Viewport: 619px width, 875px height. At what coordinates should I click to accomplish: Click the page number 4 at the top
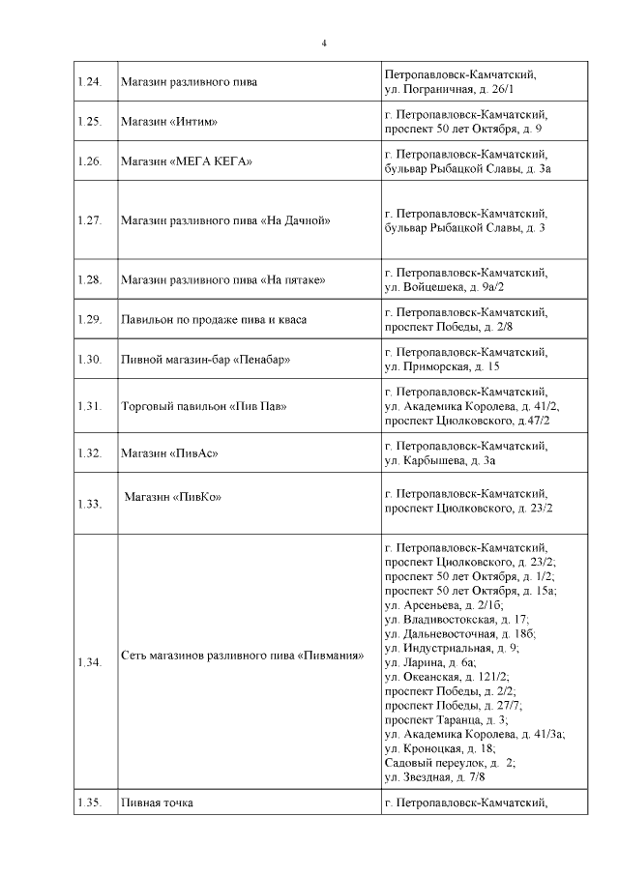pyautogui.click(x=324, y=43)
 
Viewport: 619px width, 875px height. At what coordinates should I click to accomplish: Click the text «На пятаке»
pyautogui.click(x=293, y=280)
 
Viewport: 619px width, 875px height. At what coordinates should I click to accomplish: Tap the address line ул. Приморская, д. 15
pyautogui.click(x=442, y=367)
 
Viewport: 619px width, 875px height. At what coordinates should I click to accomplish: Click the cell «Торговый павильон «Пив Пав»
pyautogui.click(x=204, y=406)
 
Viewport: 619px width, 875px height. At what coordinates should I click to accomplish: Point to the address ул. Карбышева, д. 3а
pyautogui.click(x=441, y=460)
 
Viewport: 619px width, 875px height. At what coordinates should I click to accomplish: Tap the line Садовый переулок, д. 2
pyautogui.click(x=450, y=762)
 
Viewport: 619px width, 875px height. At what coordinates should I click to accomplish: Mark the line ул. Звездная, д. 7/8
pyautogui.click(x=435, y=776)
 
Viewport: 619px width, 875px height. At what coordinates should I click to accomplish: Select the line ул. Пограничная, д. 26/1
pyautogui.click(x=449, y=89)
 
